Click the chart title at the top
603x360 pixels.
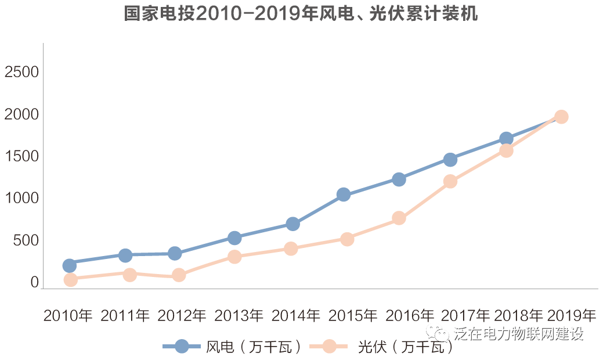pyautogui.click(x=301, y=14)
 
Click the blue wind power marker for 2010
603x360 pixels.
pyautogui.click(x=69, y=265)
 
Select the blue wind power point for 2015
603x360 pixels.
pyautogui.click(x=344, y=195)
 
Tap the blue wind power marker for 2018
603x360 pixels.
pyautogui.click(x=506, y=139)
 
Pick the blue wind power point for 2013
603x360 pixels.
pyautogui.click(x=234, y=237)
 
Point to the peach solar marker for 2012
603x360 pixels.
pyautogui.click(x=179, y=275)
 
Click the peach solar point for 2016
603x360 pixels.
pyautogui.click(x=399, y=218)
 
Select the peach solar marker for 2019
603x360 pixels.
pyautogui.click(x=561, y=117)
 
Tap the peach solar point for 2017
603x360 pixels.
pyautogui.click(x=450, y=181)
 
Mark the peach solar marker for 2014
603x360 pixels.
pyautogui.click(x=291, y=249)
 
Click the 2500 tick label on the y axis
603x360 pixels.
pyautogui.click(x=21, y=72)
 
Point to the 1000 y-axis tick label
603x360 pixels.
pyautogui.click(x=21, y=199)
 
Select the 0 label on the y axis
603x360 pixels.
pyautogui.click(x=34, y=282)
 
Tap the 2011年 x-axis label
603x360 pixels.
pyautogui.click(x=125, y=316)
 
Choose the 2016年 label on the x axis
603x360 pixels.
pyautogui.click(x=410, y=316)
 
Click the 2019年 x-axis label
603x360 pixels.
pyautogui.click(x=572, y=316)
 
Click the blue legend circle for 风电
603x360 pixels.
pyautogui.click(x=182, y=347)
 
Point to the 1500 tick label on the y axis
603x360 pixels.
pyautogui.click(x=21, y=157)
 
